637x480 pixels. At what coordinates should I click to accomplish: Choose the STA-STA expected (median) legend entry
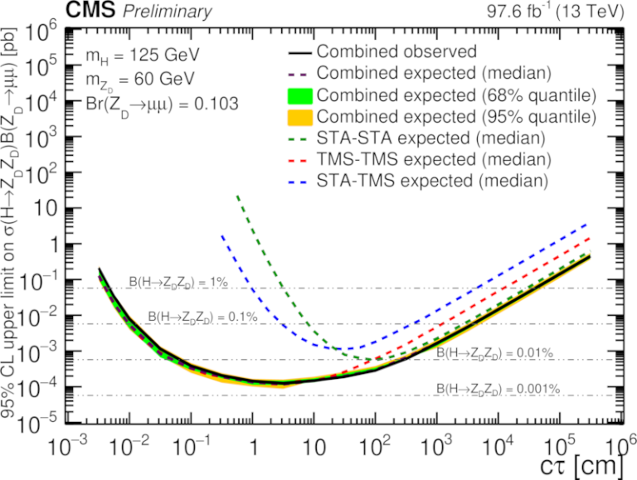coord(432,136)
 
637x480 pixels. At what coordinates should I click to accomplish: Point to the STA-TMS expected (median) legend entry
coord(432,178)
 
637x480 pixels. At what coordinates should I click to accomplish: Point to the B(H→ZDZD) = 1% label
coord(177,283)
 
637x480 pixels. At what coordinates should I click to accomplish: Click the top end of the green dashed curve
coord(238,196)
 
